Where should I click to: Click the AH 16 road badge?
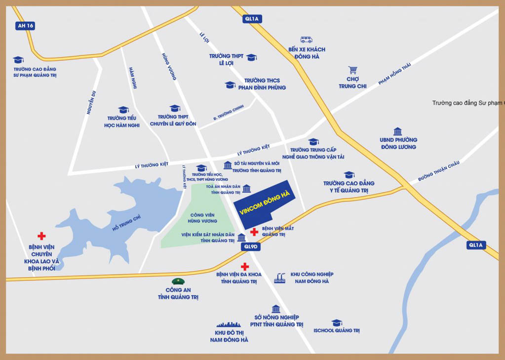point(25,26)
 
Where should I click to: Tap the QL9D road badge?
point(251,246)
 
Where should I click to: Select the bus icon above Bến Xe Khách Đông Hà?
point(307,40)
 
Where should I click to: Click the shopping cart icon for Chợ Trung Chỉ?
point(352,70)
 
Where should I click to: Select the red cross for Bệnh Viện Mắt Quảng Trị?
point(254,232)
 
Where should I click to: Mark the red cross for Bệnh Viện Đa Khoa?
point(245,267)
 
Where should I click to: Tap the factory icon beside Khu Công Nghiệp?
point(280,278)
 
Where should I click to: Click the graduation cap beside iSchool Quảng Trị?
point(337,322)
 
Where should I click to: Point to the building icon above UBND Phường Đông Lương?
point(397,131)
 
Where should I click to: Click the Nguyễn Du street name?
point(91,102)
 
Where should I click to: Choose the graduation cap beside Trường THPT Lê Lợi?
point(251,57)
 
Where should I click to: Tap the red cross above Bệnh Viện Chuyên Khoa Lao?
point(41,236)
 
